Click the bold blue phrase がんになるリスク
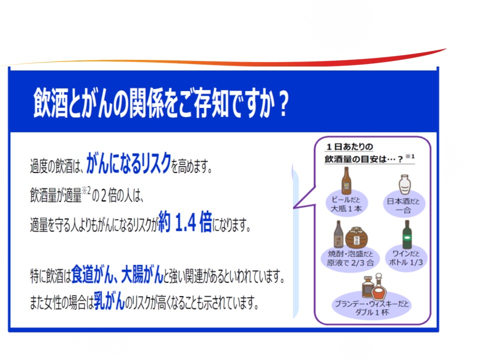(x=128, y=163)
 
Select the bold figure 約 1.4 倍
(x=185, y=221)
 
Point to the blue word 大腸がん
(x=142, y=274)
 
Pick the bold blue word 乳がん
(x=109, y=300)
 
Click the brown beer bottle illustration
(x=346, y=181)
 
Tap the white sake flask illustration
(x=404, y=184)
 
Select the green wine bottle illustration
(x=407, y=234)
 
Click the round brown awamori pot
(x=356, y=237)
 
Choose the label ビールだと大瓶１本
(x=346, y=204)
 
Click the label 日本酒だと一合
(x=403, y=205)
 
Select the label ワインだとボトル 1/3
(x=406, y=258)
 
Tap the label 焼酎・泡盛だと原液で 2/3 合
(x=350, y=258)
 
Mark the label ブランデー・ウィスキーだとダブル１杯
(x=372, y=308)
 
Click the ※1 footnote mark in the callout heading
(x=410, y=156)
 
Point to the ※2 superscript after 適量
(x=86, y=190)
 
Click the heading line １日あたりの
(x=349, y=147)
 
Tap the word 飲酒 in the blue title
(x=50, y=103)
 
